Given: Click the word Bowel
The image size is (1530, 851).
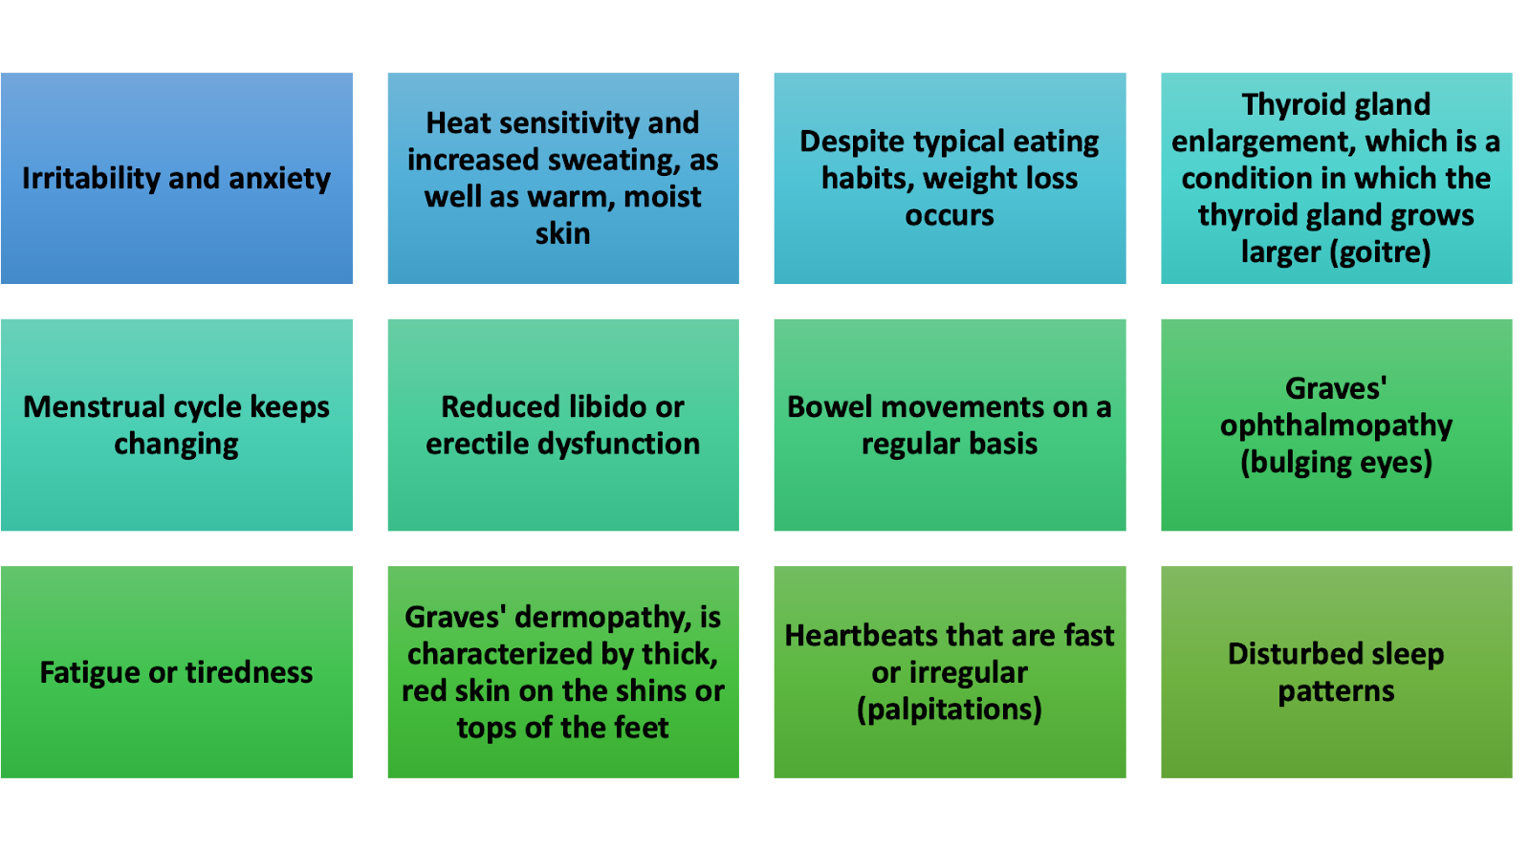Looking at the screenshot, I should (829, 407).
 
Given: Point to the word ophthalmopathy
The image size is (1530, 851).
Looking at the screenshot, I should (1336, 425).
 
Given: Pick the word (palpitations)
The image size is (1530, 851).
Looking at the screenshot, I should (950, 709).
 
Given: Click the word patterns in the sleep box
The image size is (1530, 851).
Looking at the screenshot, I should (1336, 691).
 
